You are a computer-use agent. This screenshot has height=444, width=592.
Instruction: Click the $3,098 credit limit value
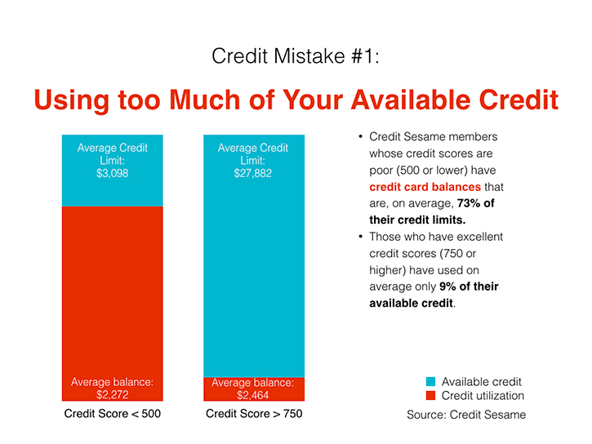point(112,173)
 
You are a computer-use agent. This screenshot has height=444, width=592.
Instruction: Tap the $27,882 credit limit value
point(252,173)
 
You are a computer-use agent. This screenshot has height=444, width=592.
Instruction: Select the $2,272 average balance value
point(112,394)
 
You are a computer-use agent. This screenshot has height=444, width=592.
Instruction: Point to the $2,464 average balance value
point(252,395)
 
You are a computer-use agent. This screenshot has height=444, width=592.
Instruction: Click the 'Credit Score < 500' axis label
point(112,414)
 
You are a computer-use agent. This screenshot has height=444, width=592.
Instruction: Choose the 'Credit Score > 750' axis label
point(254,414)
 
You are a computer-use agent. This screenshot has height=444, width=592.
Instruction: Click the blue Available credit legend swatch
point(430,381)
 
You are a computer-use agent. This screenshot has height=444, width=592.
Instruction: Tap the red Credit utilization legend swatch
point(430,395)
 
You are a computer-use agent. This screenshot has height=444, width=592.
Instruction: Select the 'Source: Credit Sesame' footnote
point(466,415)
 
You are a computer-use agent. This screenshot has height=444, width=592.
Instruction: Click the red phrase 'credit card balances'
point(425,187)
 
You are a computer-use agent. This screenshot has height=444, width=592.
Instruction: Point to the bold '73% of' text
point(476,203)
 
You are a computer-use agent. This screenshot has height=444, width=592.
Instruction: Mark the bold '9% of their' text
point(469,286)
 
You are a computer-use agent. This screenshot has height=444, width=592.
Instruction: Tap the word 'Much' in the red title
point(205,100)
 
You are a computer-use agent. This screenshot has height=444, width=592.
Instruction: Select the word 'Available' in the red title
point(411,100)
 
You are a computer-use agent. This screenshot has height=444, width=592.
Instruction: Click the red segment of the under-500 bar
point(112,304)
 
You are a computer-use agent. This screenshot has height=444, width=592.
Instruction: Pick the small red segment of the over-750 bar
point(254,389)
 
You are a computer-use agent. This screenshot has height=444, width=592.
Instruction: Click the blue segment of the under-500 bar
point(112,171)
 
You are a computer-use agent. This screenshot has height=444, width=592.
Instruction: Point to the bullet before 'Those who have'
point(361,237)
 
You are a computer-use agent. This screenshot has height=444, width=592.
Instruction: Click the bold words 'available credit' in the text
point(411,304)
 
